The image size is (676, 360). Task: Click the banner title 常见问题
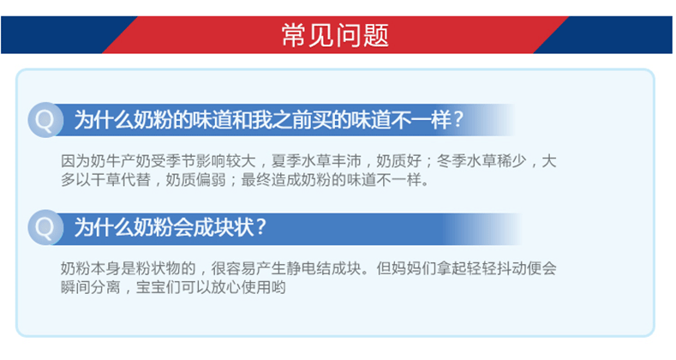[335, 35]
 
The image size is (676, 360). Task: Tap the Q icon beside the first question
[45, 120]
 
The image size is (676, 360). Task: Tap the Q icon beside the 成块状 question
[45, 227]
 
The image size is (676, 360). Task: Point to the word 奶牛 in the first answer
[105, 161]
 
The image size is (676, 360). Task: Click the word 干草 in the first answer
[105, 180]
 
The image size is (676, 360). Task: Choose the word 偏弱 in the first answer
[211, 180]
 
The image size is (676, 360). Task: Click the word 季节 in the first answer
[181, 161]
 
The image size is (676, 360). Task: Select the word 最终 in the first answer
[256, 180]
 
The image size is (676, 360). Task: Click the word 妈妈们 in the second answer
[414, 268]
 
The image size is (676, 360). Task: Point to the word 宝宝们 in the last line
[159, 287]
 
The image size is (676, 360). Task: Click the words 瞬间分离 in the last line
[91, 287]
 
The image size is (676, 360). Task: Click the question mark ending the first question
[458, 120]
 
